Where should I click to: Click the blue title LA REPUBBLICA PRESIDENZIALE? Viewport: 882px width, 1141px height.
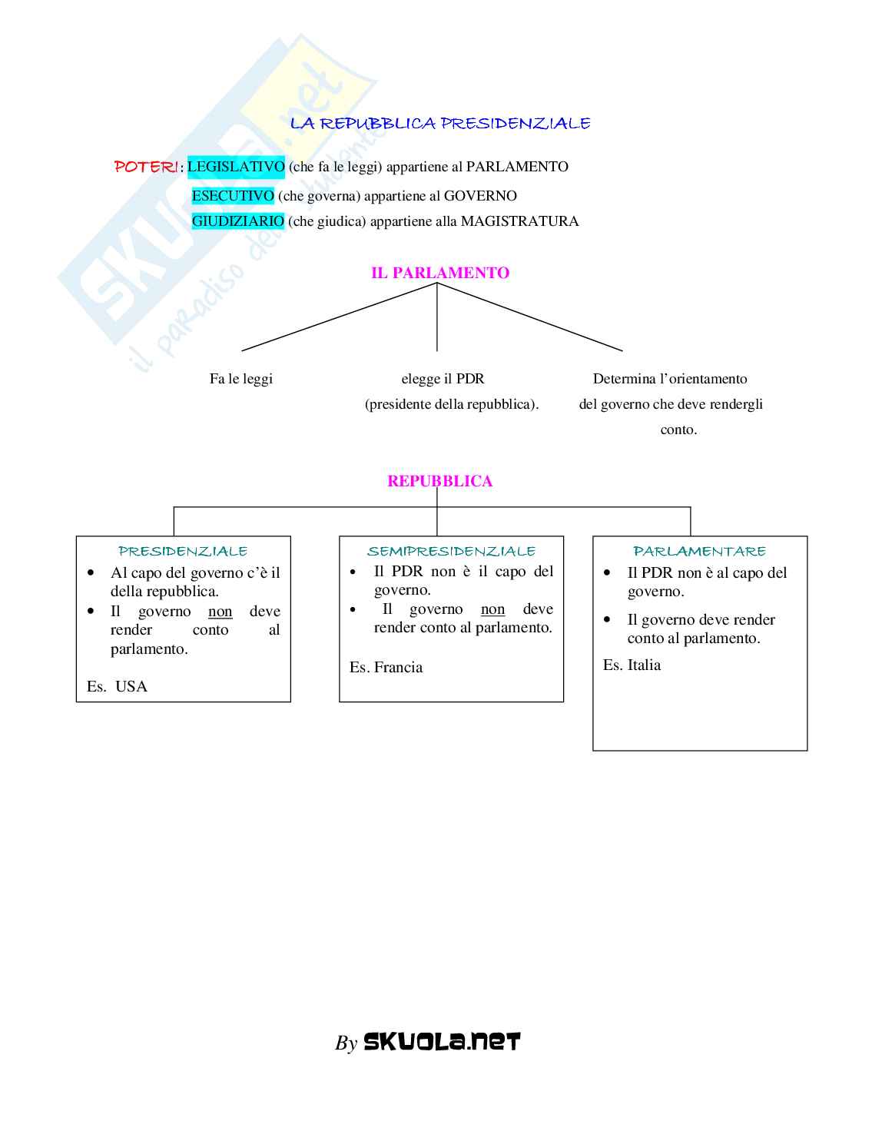(440, 123)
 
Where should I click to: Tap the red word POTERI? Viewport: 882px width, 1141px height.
(146, 167)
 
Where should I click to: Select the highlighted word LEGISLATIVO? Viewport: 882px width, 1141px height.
(236, 167)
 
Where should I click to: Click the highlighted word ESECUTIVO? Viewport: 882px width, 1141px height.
(233, 196)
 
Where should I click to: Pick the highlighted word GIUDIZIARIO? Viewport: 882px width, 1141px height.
(238, 221)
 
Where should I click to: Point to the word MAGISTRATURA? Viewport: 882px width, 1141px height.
(519, 221)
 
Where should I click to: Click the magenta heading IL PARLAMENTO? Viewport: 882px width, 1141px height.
(440, 273)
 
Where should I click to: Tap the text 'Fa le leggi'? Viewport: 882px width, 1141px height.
(241, 379)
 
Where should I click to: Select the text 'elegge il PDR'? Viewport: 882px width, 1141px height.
(443, 379)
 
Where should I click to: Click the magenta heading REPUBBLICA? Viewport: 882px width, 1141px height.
(439, 481)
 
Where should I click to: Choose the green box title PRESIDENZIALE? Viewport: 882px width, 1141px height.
(183, 551)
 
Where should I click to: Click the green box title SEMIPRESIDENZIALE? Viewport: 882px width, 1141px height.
(451, 551)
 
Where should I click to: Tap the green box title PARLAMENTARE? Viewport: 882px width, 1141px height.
(699, 551)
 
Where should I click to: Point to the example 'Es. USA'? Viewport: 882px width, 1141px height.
(117, 686)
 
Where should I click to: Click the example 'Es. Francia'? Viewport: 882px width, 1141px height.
(386, 667)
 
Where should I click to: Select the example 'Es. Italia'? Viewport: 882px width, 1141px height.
(632, 665)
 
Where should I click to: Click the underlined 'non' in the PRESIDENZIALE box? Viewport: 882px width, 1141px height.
(220, 612)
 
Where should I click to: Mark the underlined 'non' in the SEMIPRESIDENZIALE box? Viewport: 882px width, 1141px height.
(492, 609)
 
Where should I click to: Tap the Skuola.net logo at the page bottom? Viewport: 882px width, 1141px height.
(441, 1041)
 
